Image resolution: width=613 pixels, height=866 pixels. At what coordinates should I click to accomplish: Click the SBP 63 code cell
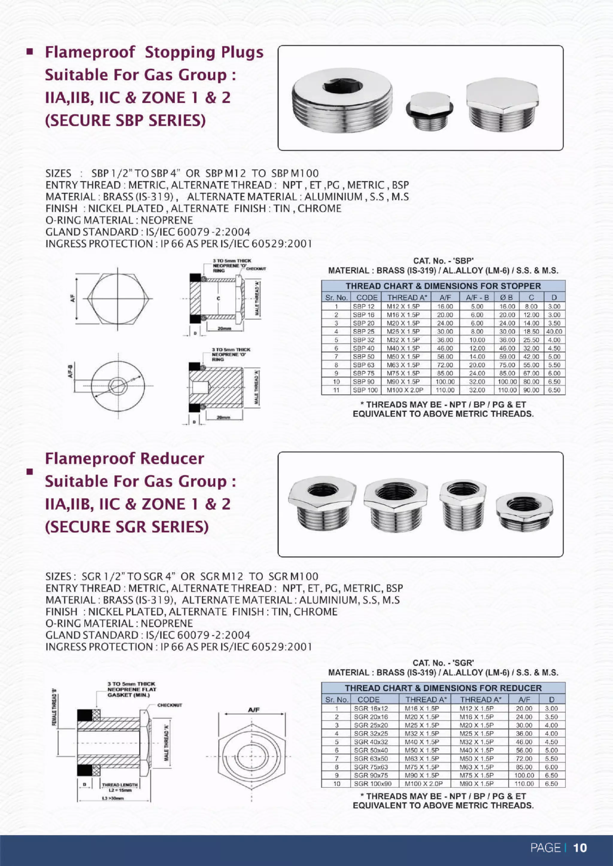pyautogui.click(x=363, y=365)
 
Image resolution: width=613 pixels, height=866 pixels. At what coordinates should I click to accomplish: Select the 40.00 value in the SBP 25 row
pyautogui.click(x=554, y=332)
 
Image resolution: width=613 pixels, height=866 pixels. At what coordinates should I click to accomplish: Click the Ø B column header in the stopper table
pyautogui.click(x=506, y=297)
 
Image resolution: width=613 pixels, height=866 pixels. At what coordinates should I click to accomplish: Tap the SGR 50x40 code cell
pyautogui.click(x=370, y=750)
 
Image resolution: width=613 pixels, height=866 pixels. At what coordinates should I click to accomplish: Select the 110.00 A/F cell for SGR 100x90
pyautogui.click(x=524, y=783)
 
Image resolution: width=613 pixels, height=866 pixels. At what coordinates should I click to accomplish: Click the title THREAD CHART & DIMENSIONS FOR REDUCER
pyautogui.click(x=443, y=688)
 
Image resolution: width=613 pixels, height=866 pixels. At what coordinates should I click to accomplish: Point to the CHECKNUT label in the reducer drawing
pyautogui.click(x=169, y=705)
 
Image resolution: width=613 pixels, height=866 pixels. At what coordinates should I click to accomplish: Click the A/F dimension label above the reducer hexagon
pyautogui.click(x=254, y=710)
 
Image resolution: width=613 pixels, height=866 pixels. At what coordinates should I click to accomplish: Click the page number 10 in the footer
pyautogui.click(x=580, y=848)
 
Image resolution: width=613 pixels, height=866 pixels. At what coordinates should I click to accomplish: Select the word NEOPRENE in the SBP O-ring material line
pyautogui.click(x=166, y=220)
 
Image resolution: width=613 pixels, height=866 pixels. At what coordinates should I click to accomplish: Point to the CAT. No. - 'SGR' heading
pyautogui.click(x=443, y=663)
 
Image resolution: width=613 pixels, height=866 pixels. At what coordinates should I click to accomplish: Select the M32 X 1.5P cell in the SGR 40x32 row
pyautogui.click(x=476, y=742)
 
